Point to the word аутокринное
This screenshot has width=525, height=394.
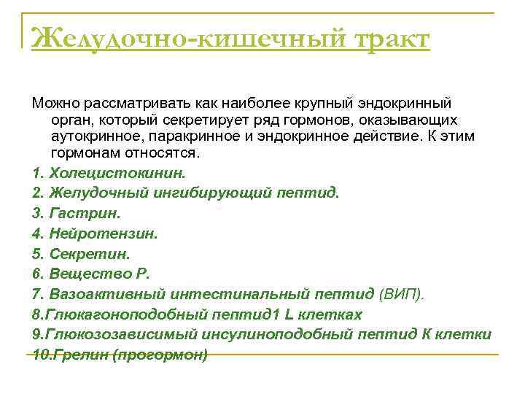click(x=95, y=136)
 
